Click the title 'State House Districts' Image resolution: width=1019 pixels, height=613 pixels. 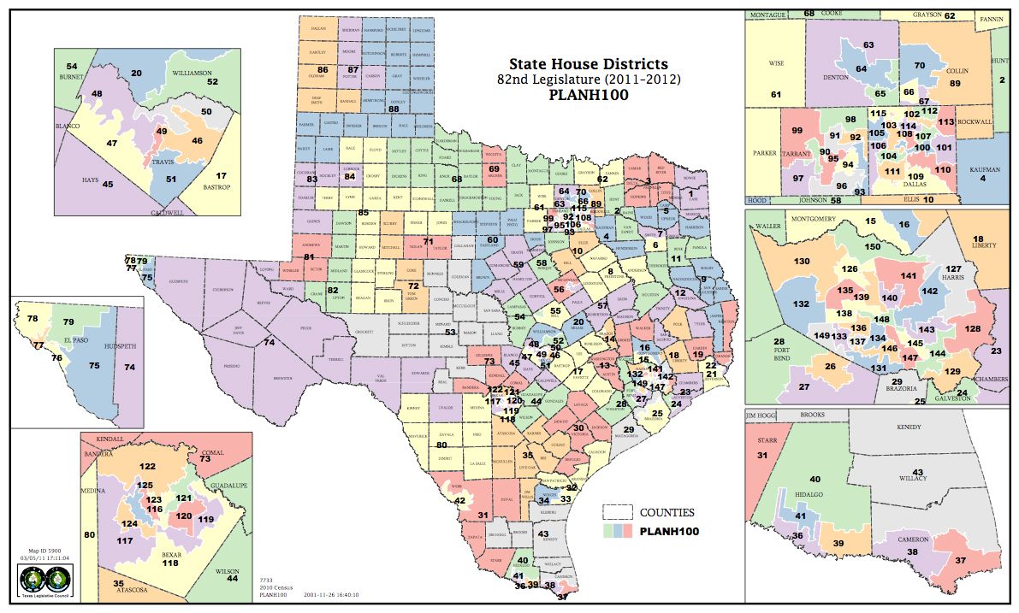point(588,64)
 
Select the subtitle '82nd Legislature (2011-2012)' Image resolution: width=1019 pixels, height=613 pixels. point(588,80)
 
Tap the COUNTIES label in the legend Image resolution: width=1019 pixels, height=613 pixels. point(667,513)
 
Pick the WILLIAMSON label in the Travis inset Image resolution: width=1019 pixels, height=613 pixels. point(192,74)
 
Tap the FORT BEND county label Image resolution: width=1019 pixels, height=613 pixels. point(761,357)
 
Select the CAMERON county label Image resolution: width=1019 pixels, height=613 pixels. point(913,539)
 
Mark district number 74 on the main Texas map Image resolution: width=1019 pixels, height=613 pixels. point(269,343)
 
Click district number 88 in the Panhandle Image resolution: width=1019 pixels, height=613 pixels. point(394,109)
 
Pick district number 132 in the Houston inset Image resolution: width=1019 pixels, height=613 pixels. point(801,304)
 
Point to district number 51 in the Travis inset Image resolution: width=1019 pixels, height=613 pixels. point(171,179)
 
